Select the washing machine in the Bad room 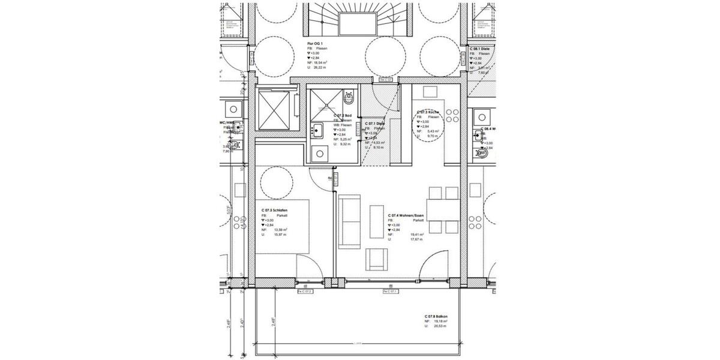pos(319,154)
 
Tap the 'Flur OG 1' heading pos(315,44)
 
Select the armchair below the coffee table pos(377,258)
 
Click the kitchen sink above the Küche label pos(430,91)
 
